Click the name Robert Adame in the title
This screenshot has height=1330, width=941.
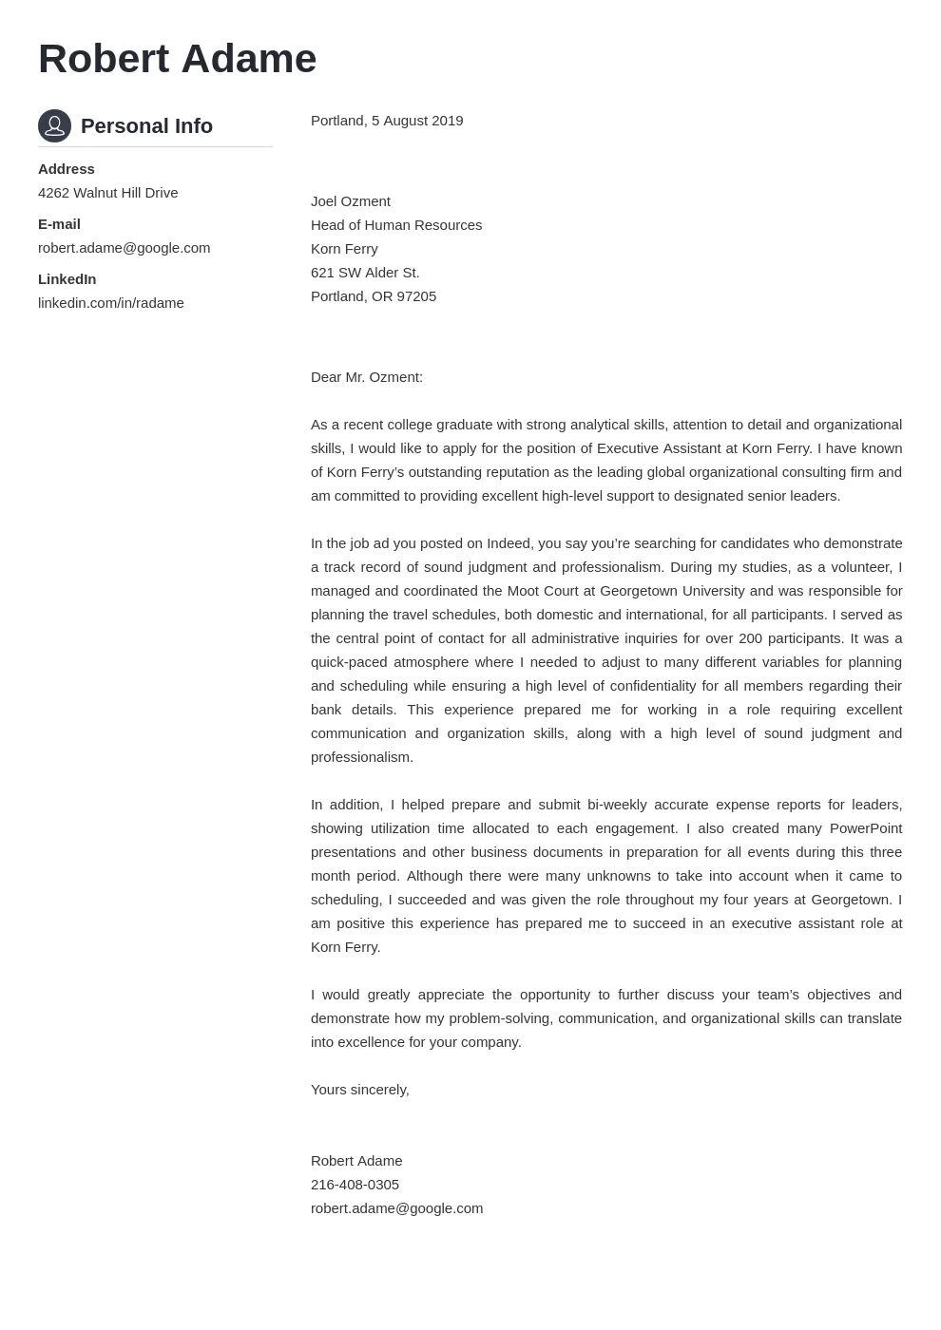point(177,59)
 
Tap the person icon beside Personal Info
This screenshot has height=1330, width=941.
point(54,125)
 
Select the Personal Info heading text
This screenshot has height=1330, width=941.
point(146,126)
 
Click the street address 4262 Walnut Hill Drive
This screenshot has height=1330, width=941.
point(107,193)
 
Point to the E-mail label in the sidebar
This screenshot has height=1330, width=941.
point(59,224)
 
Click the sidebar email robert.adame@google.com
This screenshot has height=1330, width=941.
point(124,248)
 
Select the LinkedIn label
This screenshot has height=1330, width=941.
point(67,279)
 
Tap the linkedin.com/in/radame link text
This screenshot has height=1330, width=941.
point(110,303)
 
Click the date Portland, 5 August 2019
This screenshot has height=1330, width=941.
point(386,121)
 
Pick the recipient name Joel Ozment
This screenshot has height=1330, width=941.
point(350,201)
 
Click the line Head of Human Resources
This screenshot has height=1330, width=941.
point(395,225)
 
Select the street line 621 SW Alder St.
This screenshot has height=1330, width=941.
point(364,273)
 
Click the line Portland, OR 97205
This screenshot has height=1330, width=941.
point(373,296)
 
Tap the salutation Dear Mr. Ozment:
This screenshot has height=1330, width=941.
point(366,377)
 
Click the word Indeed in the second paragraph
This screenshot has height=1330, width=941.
point(509,543)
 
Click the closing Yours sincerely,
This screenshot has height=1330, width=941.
point(359,1090)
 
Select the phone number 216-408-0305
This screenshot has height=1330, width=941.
point(355,1185)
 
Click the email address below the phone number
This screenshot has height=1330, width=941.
point(396,1208)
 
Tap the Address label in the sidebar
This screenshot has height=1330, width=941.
point(66,169)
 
